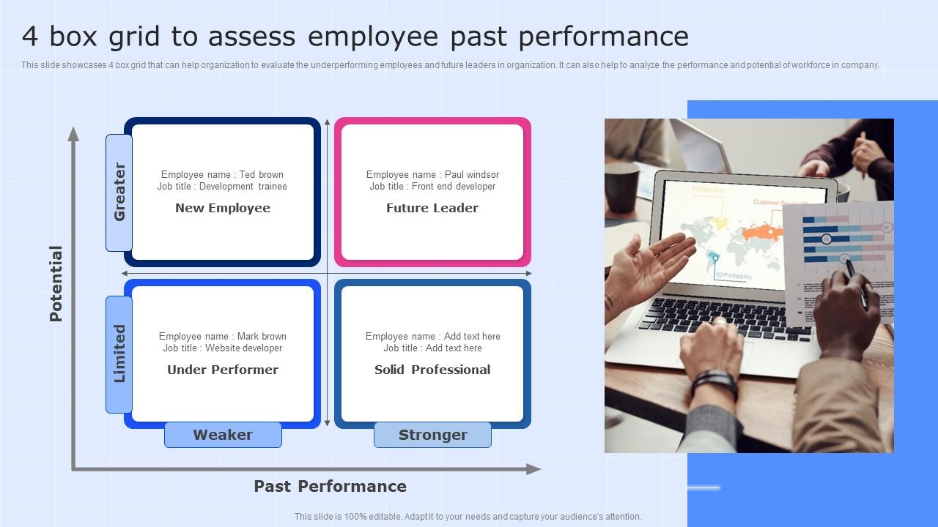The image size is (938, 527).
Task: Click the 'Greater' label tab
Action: point(119,192)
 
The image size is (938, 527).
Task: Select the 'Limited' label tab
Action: point(119,354)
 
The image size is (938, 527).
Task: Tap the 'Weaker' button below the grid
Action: point(223,435)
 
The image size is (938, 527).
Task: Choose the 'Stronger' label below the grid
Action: point(432,435)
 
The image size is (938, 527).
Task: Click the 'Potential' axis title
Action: point(56,284)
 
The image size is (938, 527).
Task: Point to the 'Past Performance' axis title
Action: point(330,486)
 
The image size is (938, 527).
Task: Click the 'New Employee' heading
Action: point(223,208)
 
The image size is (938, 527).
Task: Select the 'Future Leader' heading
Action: point(432,208)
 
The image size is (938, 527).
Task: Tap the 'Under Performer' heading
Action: point(223,370)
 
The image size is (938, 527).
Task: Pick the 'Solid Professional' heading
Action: point(432,370)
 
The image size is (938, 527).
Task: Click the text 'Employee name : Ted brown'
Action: point(222,174)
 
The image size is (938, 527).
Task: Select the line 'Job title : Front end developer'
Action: point(432,187)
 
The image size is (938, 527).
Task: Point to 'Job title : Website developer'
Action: point(223,348)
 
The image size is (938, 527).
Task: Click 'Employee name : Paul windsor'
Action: point(432,174)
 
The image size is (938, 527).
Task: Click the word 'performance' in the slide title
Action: point(616,37)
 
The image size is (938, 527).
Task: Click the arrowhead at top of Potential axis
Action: point(73,133)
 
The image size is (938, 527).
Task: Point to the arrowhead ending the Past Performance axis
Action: point(534,469)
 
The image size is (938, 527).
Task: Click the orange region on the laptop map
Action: point(762,233)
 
